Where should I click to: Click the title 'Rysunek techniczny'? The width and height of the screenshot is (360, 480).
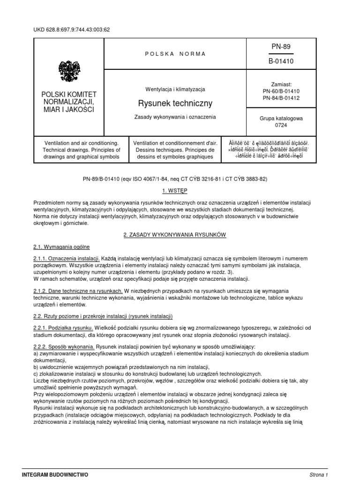click(175, 103)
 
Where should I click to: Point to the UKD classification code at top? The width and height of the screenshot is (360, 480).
click(71, 30)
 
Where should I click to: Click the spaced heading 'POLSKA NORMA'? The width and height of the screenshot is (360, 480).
click(175, 54)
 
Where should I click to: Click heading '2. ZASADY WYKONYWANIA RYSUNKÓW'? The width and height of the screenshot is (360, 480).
click(175, 235)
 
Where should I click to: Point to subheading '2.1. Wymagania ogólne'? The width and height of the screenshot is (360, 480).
click(61, 247)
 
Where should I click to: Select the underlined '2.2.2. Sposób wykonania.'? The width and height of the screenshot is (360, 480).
click(64, 346)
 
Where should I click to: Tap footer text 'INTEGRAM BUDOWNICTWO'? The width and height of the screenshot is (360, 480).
click(55, 474)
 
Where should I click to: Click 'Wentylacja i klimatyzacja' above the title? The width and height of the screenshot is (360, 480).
click(175, 89)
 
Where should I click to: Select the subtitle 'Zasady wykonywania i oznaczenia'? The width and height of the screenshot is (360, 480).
click(175, 117)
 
